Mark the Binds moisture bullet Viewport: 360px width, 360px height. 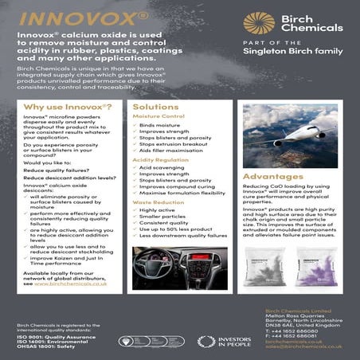[x=158, y=125]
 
